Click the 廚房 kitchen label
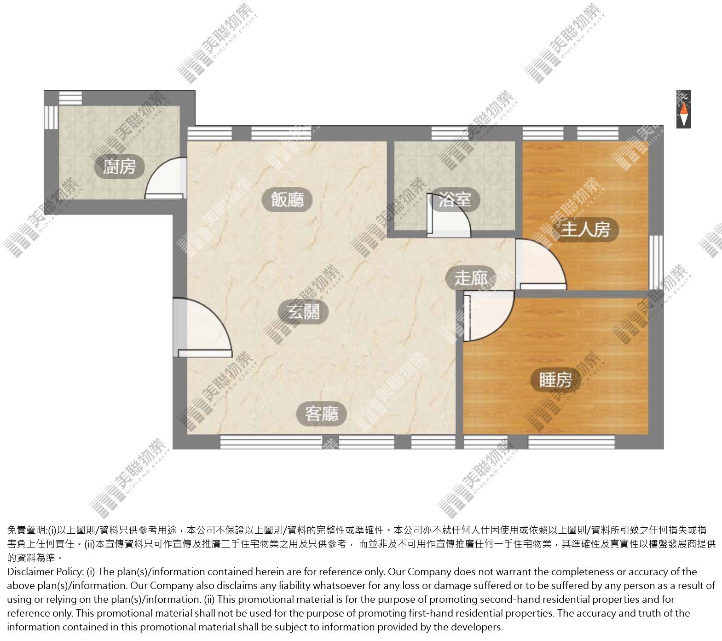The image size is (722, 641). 119,167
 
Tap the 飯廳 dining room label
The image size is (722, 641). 288,200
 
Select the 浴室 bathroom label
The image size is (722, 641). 455,200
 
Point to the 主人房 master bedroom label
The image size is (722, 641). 585,229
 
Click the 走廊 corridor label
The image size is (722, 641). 471,278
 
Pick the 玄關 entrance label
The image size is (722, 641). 303,313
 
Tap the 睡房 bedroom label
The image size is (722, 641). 555,380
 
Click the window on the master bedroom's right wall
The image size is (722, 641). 656,262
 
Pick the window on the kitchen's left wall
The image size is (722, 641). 51,118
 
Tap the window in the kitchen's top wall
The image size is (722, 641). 70,97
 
